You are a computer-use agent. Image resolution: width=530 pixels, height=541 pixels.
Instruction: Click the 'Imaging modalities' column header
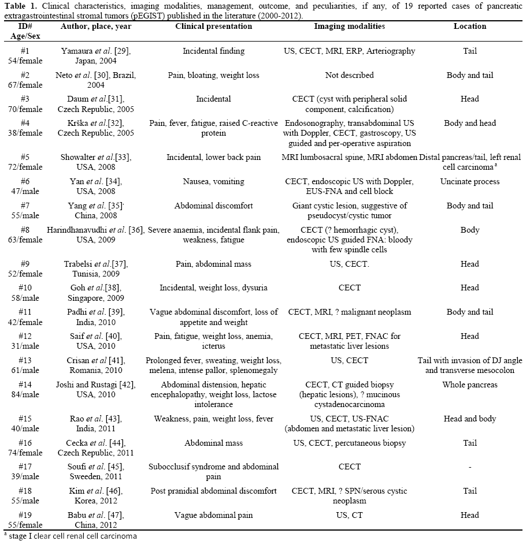click(x=349, y=27)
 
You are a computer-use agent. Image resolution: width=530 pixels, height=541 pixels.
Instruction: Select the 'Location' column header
click(x=469, y=27)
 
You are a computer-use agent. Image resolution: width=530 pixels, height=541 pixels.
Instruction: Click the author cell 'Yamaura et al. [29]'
click(x=95, y=55)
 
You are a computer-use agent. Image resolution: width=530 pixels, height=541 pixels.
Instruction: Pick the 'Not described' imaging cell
click(x=349, y=75)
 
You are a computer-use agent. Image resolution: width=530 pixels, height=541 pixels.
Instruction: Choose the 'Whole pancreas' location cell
click(x=469, y=385)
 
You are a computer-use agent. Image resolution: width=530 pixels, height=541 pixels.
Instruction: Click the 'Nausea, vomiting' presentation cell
click(x=213, y=181)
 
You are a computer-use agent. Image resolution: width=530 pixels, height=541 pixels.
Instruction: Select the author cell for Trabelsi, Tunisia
click(x=95, y=268)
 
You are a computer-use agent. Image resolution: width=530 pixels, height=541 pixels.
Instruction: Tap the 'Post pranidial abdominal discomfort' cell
click(x=213, y=491)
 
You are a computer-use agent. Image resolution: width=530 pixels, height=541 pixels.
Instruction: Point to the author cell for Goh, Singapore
click(x=95, y=292)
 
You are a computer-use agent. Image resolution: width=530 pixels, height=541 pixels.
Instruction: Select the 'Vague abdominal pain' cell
click(x=213, y=515)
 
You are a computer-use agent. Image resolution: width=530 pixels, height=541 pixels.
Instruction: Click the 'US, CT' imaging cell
click(x=349, y=515)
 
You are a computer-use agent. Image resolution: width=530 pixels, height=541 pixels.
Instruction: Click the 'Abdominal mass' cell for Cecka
click(x=213, y=443)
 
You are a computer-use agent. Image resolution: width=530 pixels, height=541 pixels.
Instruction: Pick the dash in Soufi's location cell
click(x=469, y=467)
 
